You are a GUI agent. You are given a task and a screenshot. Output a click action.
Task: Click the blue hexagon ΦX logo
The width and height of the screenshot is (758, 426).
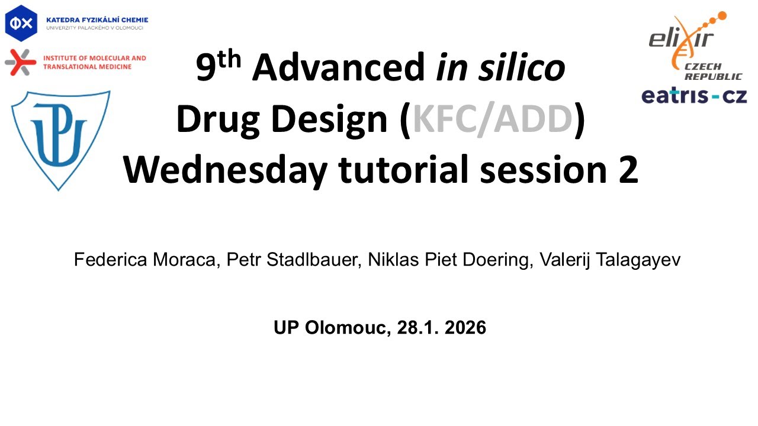(21, 22)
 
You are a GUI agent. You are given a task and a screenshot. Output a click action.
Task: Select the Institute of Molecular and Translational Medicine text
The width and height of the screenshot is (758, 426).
(95, 62)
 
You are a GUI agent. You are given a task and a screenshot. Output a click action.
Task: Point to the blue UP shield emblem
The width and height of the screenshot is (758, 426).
(59, 138)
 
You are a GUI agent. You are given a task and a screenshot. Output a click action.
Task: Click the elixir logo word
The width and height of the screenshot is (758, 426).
(681, 39)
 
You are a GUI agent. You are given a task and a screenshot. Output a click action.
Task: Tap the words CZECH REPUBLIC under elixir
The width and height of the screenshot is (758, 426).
(713, 72)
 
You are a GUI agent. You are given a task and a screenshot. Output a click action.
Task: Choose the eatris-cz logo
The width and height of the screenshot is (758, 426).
(693, 96)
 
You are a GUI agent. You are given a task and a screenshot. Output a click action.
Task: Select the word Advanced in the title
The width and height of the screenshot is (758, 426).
(338, 68)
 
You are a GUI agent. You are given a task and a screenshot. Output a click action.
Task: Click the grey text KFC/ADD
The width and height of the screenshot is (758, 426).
(493, 120)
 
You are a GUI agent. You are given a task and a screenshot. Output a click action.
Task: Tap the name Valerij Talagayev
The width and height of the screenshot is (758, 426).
(610, 260)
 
